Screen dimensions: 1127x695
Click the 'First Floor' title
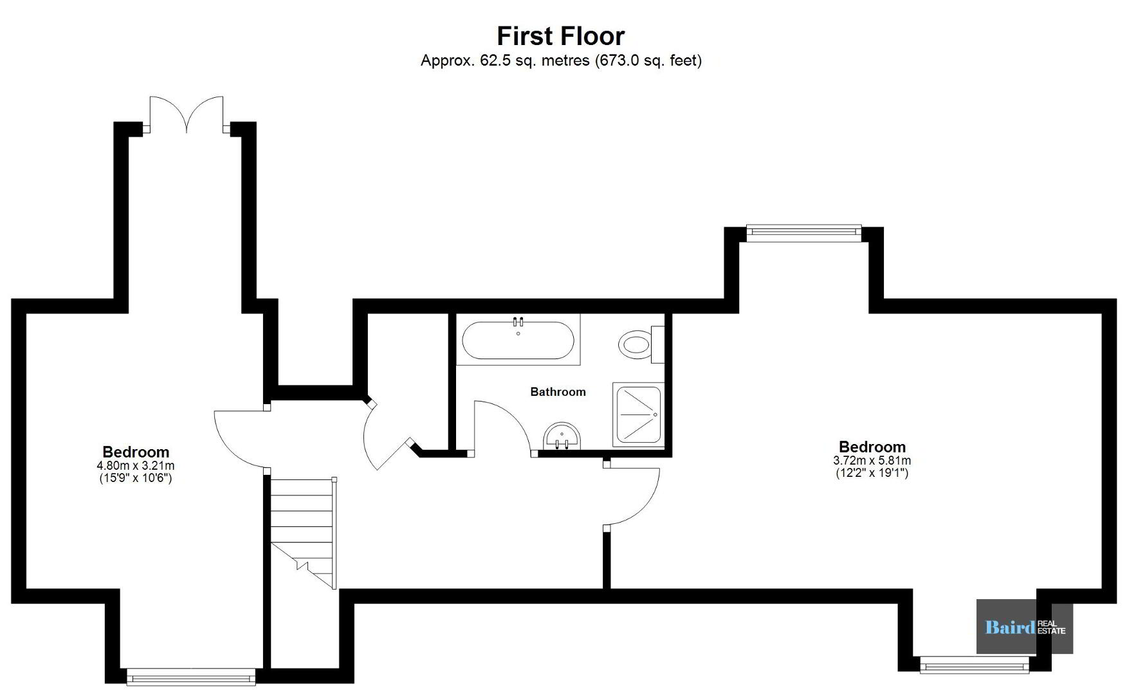[x=560, y=36]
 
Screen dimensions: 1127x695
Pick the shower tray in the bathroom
[x=637, y=414]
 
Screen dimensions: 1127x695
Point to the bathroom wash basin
[x=562, y=436]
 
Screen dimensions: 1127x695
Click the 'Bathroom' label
[x=558, y=392]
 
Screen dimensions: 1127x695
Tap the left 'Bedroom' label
[x=136, y=452]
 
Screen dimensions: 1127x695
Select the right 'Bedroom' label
[x=872, y=447]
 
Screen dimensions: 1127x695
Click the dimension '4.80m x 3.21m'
[x=136, y=465]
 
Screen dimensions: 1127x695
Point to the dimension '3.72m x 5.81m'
[x=872, y=461]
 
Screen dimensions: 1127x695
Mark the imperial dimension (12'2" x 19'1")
[x=872, y=473]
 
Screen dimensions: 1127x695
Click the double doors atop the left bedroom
[x=187, y=115]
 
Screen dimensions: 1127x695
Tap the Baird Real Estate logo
[x=1025, y=627]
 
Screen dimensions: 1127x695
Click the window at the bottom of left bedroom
[x=191, y=676]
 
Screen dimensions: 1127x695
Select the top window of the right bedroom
[x=803, y=233]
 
